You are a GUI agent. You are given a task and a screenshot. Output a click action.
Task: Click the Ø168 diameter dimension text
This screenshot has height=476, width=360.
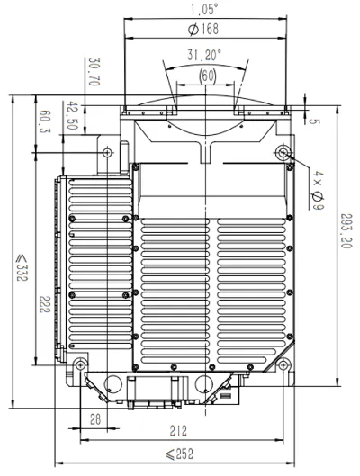coord(203,29)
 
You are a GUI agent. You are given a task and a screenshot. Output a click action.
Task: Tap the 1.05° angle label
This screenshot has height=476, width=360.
coord(204,9)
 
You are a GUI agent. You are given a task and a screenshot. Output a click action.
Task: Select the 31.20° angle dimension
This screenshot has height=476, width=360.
coord(204,55)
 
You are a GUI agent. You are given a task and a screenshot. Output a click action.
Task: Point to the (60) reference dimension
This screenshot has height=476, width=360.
coord(208,76)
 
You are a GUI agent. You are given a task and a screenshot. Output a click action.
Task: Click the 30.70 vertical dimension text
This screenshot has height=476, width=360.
coord(94,72)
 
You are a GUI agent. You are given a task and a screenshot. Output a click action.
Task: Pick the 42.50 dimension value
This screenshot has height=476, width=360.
coord(72,116)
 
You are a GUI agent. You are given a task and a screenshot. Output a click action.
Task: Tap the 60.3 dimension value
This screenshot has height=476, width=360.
coord(45,121)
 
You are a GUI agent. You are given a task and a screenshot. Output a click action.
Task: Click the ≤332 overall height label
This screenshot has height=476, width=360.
coord(22,268)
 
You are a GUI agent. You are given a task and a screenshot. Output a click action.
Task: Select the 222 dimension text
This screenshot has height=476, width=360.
coord(44,304)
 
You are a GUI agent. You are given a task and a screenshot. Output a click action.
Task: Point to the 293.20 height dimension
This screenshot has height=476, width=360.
coord(346,230)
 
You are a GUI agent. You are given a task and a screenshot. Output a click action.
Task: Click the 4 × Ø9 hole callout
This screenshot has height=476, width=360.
coord(318,190)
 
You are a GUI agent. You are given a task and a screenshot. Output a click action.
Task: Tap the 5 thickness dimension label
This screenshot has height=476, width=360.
coord(314,121)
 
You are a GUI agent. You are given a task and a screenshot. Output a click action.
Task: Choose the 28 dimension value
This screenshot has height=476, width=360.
coord(95,419)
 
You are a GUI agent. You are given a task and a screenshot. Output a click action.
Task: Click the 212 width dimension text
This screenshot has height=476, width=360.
coord(178,431)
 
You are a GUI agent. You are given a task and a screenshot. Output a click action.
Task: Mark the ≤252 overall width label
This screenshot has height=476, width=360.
coord(179,454)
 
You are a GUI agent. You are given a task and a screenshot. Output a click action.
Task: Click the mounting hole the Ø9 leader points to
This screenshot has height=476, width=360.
coord(283,152)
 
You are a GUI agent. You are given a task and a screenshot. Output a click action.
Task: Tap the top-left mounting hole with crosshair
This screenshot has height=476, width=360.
coord(107,152)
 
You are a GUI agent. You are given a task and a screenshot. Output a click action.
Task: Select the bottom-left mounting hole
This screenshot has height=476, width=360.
coord(80,364)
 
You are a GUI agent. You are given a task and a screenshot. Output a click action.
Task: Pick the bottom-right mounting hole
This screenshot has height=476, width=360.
coord(283,364)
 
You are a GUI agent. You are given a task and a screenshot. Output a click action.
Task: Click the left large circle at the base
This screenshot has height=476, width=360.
coord(112,384)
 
